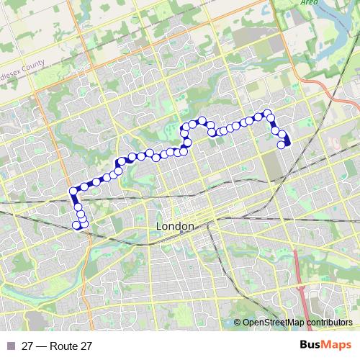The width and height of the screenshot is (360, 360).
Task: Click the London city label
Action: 175,227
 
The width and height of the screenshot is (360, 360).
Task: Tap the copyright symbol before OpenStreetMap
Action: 238,323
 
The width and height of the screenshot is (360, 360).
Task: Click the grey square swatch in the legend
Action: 10,346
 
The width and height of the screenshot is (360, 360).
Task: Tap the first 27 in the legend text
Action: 28,346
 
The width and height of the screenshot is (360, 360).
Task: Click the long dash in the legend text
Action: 42,346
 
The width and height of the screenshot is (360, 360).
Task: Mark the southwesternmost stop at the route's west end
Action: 76,225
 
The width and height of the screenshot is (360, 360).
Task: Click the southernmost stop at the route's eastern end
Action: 281,145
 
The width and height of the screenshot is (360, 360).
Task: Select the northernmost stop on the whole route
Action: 267,113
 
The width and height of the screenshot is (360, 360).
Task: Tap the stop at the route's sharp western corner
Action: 73,191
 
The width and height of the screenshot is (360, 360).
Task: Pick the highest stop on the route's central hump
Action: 202,120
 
